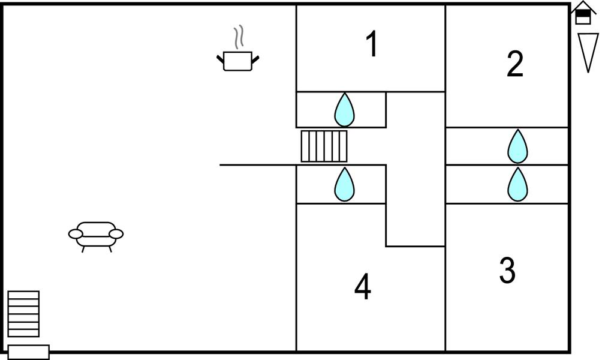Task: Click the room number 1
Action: (x=372, y=44)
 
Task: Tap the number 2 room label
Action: (x=514, y=64)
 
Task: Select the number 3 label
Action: (x=507, y=271)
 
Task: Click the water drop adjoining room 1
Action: (x=344, y=110)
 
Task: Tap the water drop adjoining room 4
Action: (x=344, y=185)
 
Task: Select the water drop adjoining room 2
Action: (x=517, y=146)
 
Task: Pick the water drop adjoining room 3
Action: (x=517, y=185)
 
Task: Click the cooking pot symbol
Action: (x=237, y=61)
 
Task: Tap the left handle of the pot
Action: (x=220, y=58)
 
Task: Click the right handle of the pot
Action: (x=255, y=58)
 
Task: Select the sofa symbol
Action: (x=96, y=235)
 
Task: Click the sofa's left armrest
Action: (x=76, y=233)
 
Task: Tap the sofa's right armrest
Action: (x=116, y=233)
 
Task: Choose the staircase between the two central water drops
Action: (x=324, y=146)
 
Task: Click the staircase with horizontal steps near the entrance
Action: (x=23, y=314)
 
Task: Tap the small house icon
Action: (x=583, y=13)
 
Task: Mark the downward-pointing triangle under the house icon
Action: (x=588, y=51)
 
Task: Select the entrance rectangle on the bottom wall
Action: (x=28, y=352)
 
